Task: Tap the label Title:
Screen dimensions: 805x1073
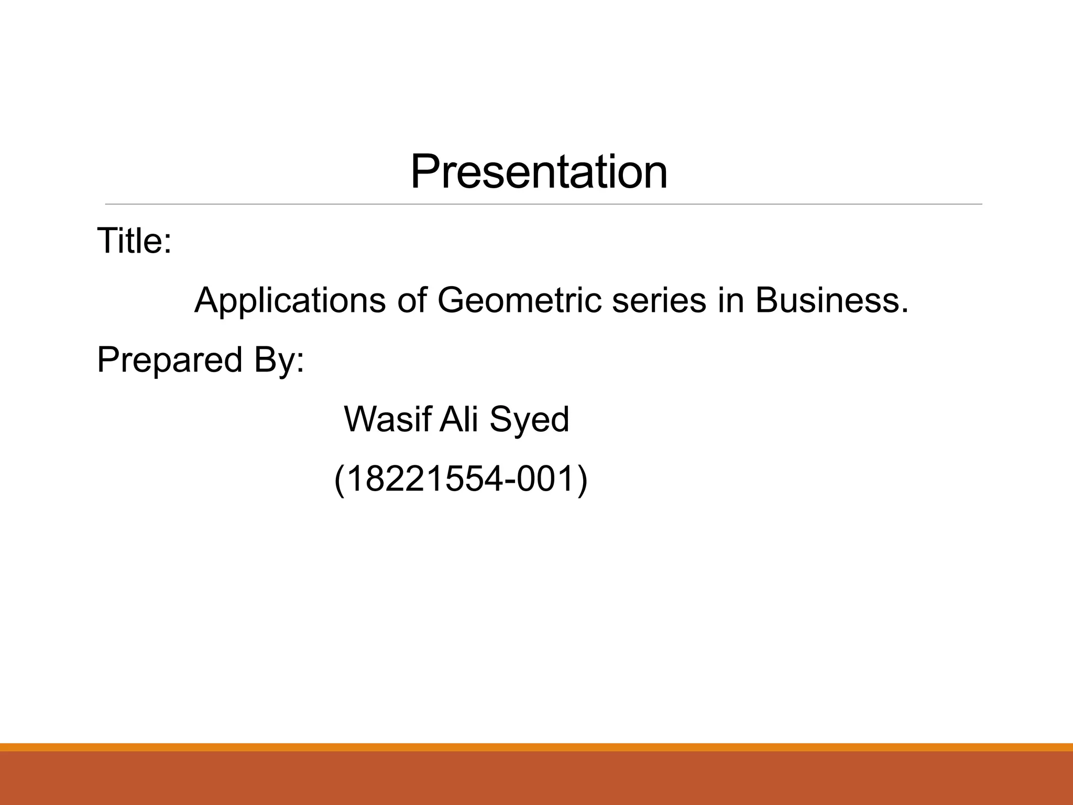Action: click(134, 241)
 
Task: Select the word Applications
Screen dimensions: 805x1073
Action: click(290, 301)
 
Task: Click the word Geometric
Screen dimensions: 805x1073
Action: click(519, 301)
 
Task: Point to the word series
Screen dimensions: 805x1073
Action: click(659, 301)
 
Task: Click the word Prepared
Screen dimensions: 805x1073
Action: click(170, 361)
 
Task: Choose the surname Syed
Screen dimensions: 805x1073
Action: click(529, 420)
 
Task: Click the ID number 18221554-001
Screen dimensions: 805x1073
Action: click(461, 480)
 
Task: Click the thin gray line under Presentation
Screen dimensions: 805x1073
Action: click(543, 204)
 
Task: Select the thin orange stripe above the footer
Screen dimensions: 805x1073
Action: click(536, 747)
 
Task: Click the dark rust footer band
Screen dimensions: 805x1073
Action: click(536, 778)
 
